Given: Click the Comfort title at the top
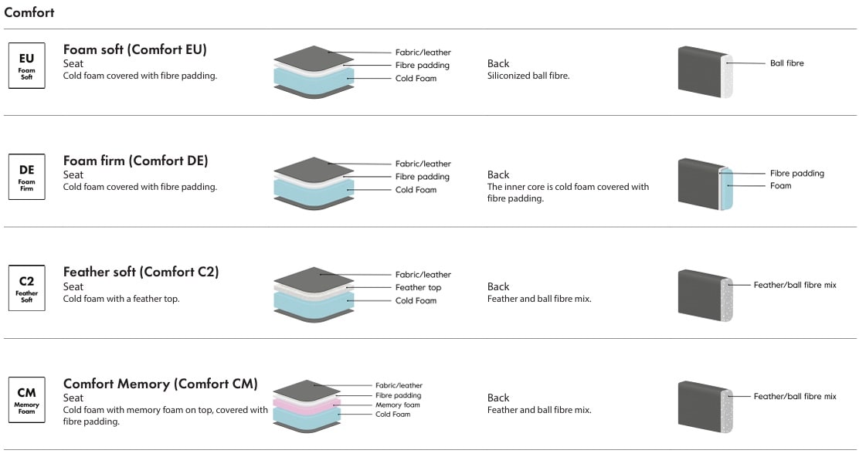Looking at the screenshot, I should [x=29, y=12].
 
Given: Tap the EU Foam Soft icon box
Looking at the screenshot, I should [x=27, y=66].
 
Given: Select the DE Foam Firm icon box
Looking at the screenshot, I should [x=27, y=177].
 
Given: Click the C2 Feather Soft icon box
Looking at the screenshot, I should [x=27, y=288].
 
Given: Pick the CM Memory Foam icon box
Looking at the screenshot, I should [x=27, y=398].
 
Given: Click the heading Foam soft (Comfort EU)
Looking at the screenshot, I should [x=135, y=50].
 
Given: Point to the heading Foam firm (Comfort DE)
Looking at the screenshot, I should [x=136, y=161].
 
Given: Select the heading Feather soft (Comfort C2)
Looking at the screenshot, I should [x=141, y=272].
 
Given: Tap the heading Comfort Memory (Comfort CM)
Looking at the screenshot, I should [x=161, y=384].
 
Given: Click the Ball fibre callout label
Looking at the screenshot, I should [x=786, y=63].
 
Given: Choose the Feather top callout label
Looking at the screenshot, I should [x=418, y=288].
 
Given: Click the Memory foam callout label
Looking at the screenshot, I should [x=398, y=405].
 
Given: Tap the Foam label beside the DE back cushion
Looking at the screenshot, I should [x=780, y=186].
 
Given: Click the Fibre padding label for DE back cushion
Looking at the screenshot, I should [x=796, y=174].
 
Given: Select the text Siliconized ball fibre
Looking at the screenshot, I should [x=528, y=76].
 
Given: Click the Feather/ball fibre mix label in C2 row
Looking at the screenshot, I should [x=795, y=286].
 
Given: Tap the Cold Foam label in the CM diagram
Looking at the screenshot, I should [x=393, y=415].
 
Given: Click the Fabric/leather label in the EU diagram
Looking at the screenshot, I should [x=423, y=52].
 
